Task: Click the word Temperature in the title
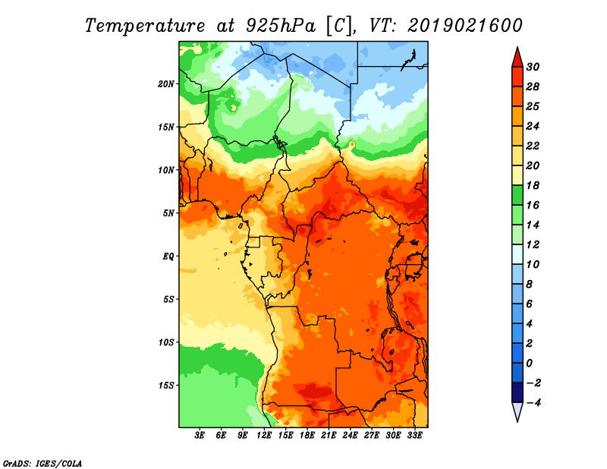point(145,26)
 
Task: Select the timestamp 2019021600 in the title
point(465,26)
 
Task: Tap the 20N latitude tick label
point(166,84)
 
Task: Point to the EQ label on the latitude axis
point(168,257)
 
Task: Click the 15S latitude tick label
point(166,386)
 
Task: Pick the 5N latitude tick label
point(168,213)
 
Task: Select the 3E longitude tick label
point(200,436)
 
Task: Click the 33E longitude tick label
point(414,436)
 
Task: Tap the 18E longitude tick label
point(307,436)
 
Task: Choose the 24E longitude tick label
point(350,436)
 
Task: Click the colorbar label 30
point(533,67)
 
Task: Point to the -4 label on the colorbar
point(533,403)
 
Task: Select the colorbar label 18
point(533,185)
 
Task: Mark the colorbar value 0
point(530,364)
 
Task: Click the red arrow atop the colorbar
point(517,58)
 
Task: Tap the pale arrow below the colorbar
point(517,411)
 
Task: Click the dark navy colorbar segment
point(517,392)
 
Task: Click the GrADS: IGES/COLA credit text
point(42,463)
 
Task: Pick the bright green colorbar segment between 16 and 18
point(517,195)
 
